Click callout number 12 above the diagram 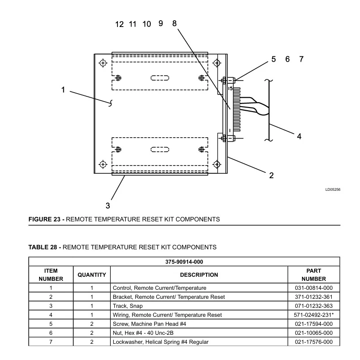click(119, 24)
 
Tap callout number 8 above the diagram click(175, 23)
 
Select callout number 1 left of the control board click(63, 90)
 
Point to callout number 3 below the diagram click(108, 206)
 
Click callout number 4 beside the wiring click(299, 136)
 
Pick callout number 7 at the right click(301, 59)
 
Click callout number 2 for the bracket click(271, 175)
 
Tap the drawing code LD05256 click(333, 189)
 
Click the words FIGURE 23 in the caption click(44, 219)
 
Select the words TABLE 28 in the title click(43, 247)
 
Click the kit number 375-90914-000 click(184, 262)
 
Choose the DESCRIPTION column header click(199, 275)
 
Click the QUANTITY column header click(92, 275)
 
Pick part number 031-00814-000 click(314, 288)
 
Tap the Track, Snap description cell click(128, 306)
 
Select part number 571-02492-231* click(314, 315)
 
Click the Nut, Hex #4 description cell click(143, 333)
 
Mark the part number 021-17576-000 click(314, 342)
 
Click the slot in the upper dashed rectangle click(160, 78)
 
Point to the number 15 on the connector click(230, 88)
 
